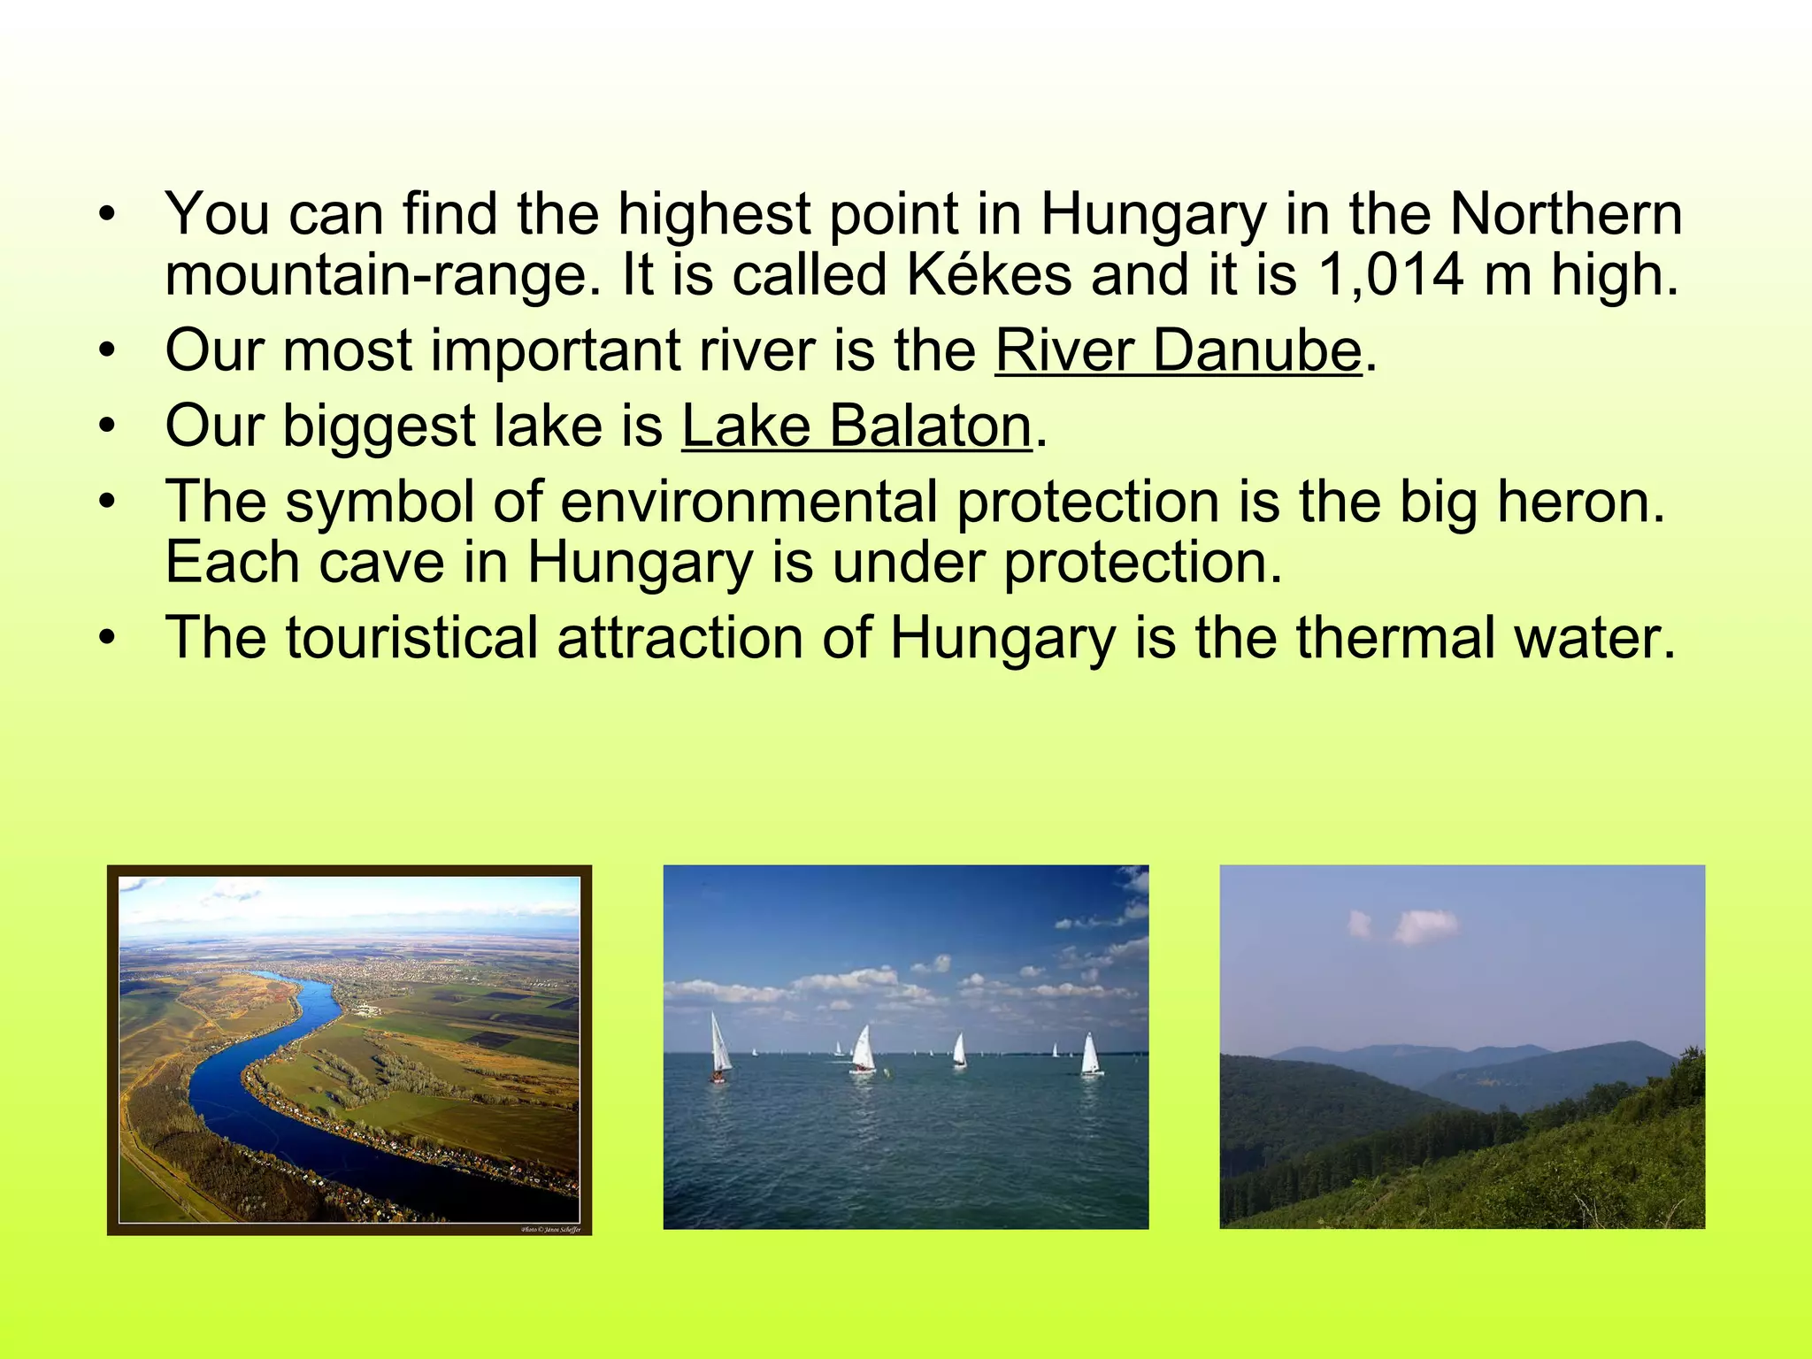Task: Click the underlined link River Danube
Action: coord(1178,351)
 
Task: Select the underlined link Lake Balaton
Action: coord(856,426)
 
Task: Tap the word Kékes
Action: coord(989,275)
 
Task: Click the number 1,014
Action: coord(1390,275)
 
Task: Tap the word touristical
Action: coord(411,638)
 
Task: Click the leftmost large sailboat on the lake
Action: coord(720,1048)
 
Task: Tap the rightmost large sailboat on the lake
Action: coord(1091,1056)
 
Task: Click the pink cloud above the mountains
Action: coord(1424,925)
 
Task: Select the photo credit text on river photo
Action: coord(550,1229)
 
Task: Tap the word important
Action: coord(557,351)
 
